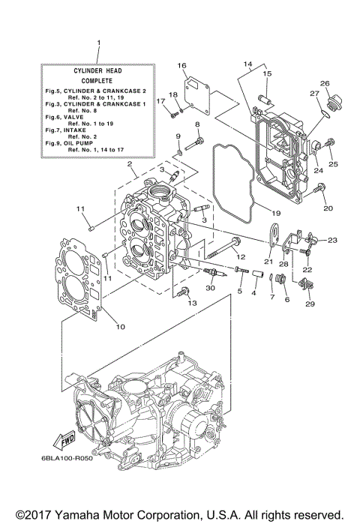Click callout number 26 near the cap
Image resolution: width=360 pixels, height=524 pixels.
coord(325,83)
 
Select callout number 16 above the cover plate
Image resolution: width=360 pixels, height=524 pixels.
coord(181,66)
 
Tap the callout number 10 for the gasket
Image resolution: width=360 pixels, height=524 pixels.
coord(120,325)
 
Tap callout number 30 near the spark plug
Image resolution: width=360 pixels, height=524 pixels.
coord(210,287)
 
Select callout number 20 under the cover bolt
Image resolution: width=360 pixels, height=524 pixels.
coord(326,208)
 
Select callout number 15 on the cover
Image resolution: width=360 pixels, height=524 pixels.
coord(266,73)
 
